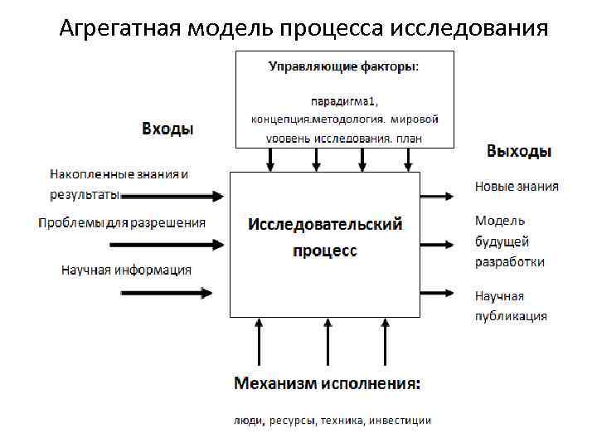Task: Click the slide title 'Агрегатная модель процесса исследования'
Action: pos(303,28)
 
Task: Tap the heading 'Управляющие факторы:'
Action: pos(344,66)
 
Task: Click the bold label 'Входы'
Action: pos(167,129)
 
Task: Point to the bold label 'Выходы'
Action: pos(519,151)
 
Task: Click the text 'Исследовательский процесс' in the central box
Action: pos(325,236)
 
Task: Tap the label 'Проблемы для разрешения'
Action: pos(122,222)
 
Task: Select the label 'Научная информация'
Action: pos(126,270)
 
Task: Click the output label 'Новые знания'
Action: pos(517,186)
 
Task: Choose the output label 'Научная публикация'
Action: pos(511,305)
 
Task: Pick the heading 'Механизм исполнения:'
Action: pos(327,383)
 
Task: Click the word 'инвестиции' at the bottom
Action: pos(402,421)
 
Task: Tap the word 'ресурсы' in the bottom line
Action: pos(292,421)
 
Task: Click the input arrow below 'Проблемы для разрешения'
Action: pos(166,245)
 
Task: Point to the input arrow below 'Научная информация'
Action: pos(166,292)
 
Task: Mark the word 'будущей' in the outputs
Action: pos(502,241)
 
